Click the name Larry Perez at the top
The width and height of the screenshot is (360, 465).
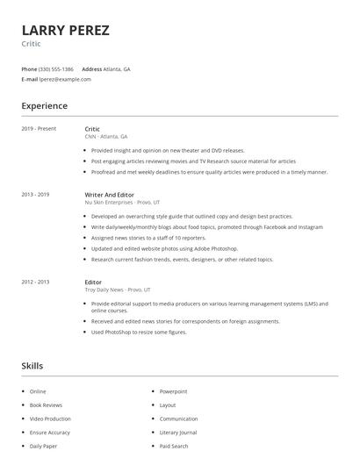(66, 31)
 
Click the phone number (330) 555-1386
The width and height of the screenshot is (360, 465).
(56, 68)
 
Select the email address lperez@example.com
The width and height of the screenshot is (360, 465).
(65, 79)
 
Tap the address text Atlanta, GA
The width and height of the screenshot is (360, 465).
(117, 68)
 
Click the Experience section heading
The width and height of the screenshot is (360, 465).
(44, 106)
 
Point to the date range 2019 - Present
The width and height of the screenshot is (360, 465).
(39, 129)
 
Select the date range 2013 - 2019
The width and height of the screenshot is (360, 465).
(35, 194)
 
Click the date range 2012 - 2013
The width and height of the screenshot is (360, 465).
(35, 282)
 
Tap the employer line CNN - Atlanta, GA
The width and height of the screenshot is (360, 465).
(106, 137)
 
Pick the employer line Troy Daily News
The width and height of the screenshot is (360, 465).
(118, 290)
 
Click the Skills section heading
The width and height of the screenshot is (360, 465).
(32, 365)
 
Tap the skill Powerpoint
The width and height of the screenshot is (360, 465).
(173, 391)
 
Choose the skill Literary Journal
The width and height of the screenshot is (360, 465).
(178, 433)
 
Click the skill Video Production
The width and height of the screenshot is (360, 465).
(49, 418)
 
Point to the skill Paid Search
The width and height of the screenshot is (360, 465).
(174, 447)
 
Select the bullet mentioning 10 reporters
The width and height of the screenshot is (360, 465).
(148, 238)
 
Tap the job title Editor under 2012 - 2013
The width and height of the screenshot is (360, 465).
(93, 282)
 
